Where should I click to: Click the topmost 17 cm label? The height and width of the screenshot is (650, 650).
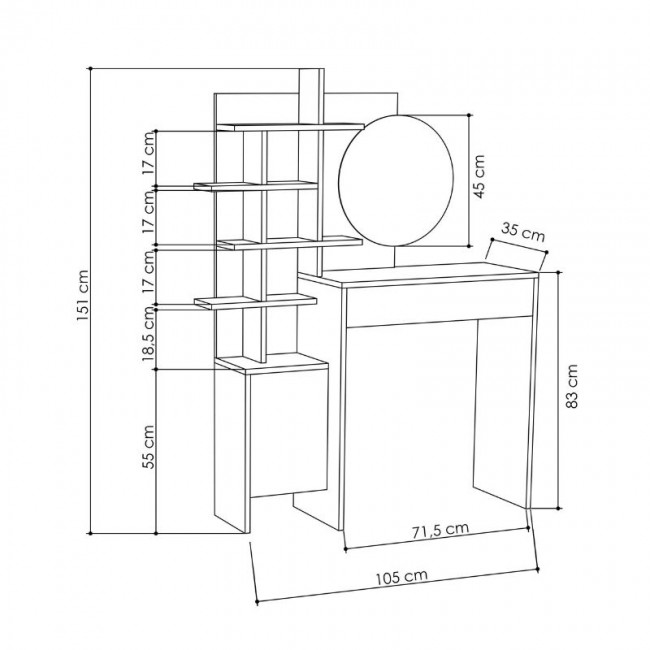point(148,154)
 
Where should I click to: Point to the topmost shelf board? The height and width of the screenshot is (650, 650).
point(290,125)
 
